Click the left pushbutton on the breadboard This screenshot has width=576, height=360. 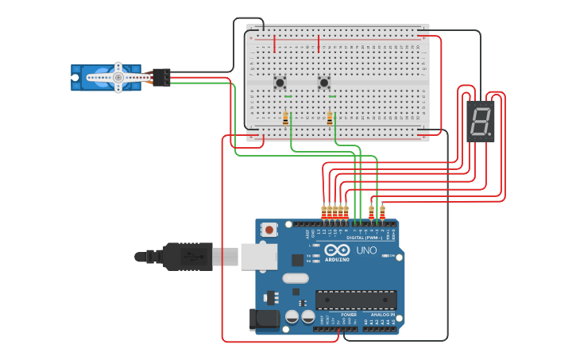click(280, 82)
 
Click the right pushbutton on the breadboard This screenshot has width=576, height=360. click(323, 82)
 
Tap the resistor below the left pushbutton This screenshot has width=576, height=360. click(286, 118)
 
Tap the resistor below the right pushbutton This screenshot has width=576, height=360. click(330, 118)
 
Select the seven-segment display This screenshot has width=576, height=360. click(480, 122)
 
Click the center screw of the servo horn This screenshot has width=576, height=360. click(118, 77)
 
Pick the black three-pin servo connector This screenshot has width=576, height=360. click(161, 77)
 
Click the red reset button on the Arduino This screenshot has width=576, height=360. click(269, 230)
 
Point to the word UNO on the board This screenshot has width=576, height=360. click(366, 250)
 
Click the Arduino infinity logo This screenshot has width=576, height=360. click(336, 250)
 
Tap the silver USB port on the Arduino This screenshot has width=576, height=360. click(259, 256)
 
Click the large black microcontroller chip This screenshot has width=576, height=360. click(356, 300)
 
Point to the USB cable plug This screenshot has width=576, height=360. click(188, 256)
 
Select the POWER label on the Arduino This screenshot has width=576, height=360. click(349, 315)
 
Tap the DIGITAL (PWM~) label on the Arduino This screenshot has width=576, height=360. click(365, 237)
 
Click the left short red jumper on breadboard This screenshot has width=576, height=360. click(275, 43)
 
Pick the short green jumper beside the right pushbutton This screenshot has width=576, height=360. click(332, 97)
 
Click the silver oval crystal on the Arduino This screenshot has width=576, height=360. click(295, 278)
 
